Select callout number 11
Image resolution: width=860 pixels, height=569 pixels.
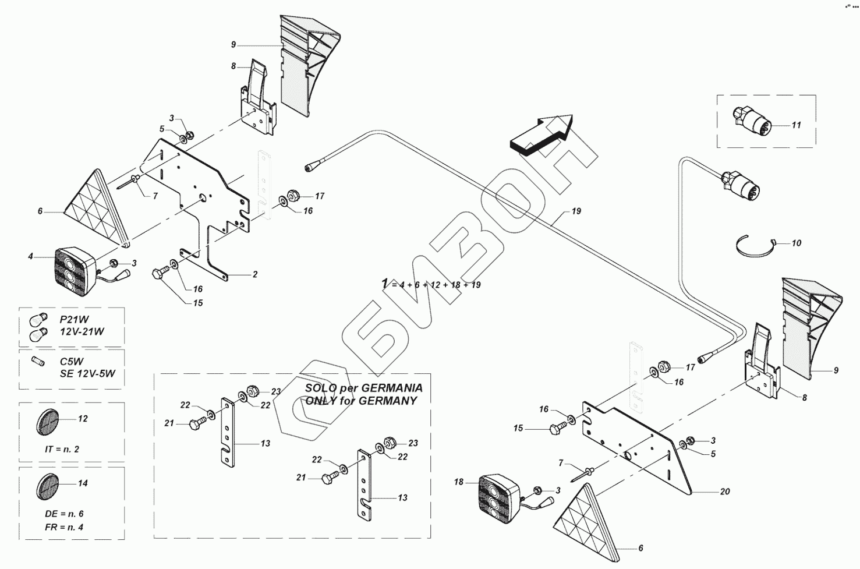tap(797, 125)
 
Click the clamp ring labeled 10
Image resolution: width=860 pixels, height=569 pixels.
tap(755, 247)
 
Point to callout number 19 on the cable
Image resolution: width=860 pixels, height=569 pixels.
tap(576, 211)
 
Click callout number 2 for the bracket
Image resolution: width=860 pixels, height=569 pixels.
tap(254, 274)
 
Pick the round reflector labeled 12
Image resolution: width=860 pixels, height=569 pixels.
tap(47, 419)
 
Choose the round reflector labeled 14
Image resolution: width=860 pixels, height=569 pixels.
tap(47, 485)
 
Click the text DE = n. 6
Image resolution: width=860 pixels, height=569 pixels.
tap(64, 514)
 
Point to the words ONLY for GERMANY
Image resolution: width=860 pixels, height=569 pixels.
tap(361, 401)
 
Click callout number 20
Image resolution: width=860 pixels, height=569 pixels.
tap(724, 492)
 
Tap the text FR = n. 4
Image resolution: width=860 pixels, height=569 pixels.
tap(64, 528)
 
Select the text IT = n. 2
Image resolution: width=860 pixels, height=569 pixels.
tap(62, 449)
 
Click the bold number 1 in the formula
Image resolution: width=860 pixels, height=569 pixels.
tap(384, 283)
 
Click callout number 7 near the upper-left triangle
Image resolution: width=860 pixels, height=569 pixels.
tap(155, 196)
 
